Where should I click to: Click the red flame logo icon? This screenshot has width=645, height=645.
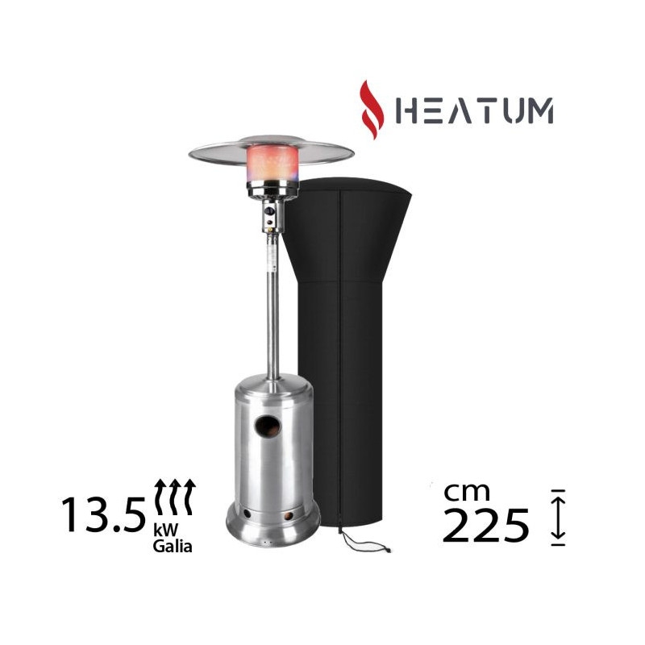[372, 110]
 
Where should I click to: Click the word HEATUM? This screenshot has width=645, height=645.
[474, 110]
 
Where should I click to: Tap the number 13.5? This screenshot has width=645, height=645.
[104, 514]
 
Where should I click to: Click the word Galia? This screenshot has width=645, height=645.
[173, 546]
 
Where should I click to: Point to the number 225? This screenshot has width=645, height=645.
[485, 526]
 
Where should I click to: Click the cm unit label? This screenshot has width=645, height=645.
[467, 492]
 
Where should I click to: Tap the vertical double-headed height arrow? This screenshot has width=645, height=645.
[558, 518]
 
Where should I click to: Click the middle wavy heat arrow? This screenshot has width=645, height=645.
[175, 497]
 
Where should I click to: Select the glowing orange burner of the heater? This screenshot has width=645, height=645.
[272, 164]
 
